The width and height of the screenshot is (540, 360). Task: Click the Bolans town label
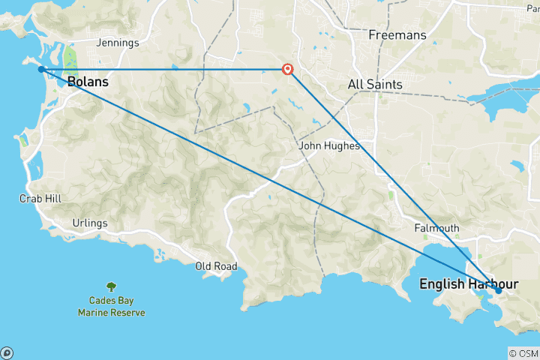point(88,82)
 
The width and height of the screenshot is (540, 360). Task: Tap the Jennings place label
point(118,43)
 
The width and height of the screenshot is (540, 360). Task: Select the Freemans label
point(397,35)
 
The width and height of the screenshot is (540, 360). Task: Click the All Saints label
point(375,85)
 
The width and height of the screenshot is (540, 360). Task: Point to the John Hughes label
point(329,146)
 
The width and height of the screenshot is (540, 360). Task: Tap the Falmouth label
point(436,228)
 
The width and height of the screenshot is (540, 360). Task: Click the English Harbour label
point(468,284)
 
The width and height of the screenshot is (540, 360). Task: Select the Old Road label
point(216,266)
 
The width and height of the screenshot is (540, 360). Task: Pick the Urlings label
point(90,223)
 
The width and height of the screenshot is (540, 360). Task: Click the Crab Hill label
point(40,199)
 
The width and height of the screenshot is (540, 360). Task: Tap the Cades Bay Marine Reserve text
point(111,307)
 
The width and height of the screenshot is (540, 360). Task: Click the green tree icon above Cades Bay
point(111,286)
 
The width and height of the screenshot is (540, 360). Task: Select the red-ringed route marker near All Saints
point(287,70)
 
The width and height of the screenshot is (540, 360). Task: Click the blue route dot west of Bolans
point(41,69)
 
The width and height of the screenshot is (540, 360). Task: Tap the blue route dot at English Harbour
point(498,290)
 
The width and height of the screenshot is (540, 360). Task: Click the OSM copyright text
point(523,353)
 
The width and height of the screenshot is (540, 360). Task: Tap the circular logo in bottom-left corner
point(7,352)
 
